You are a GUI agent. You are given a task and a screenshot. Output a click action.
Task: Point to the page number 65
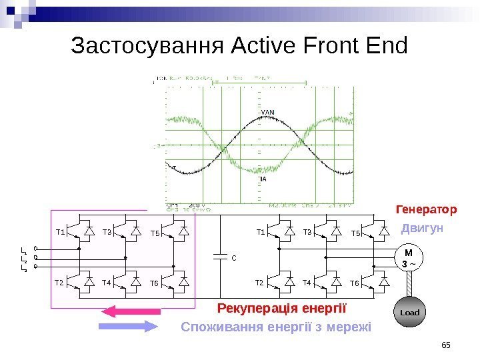[446, 344]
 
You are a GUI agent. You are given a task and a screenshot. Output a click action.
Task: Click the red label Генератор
[426, 210]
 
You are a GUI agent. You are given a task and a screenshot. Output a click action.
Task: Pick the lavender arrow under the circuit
[127, 326]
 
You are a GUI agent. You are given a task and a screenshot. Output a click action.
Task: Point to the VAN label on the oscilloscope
[267, 112]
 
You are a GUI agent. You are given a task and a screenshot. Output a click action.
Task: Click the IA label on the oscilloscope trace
[263, 179]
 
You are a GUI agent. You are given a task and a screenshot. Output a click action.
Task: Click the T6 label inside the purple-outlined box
[154, 283]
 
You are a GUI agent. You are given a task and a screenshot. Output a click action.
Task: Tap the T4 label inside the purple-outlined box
[107, 283]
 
